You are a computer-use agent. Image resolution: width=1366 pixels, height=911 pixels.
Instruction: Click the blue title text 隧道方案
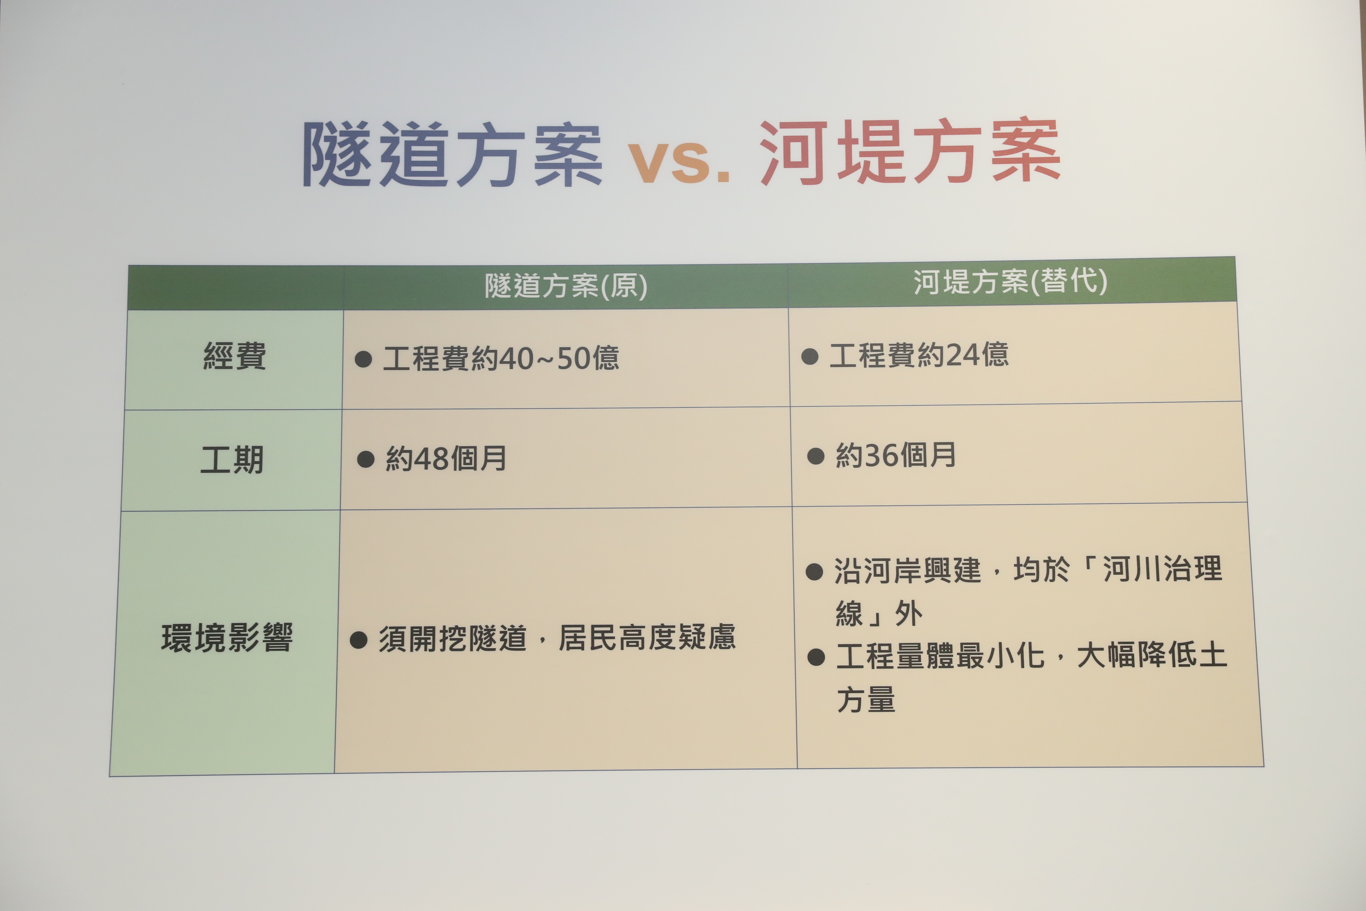[x=452, y=155]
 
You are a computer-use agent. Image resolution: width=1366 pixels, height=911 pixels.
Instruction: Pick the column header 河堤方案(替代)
[x=1011, y=281]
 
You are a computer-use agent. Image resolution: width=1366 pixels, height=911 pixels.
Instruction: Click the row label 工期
[x=232, y=459]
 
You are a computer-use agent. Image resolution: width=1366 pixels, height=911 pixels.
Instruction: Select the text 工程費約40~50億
[x=501, y=358]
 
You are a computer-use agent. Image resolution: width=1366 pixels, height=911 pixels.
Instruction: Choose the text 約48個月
[x=446, y=458]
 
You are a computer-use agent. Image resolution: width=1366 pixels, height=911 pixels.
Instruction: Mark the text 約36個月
[x=896, y=455]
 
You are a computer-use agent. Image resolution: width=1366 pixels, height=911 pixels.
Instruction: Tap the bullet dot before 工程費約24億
[x=810, y=356]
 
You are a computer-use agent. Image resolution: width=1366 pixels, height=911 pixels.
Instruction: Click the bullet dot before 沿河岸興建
[x=814, y=572]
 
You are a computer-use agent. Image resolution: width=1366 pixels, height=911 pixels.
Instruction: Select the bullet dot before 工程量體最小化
[x=816, y=657]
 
